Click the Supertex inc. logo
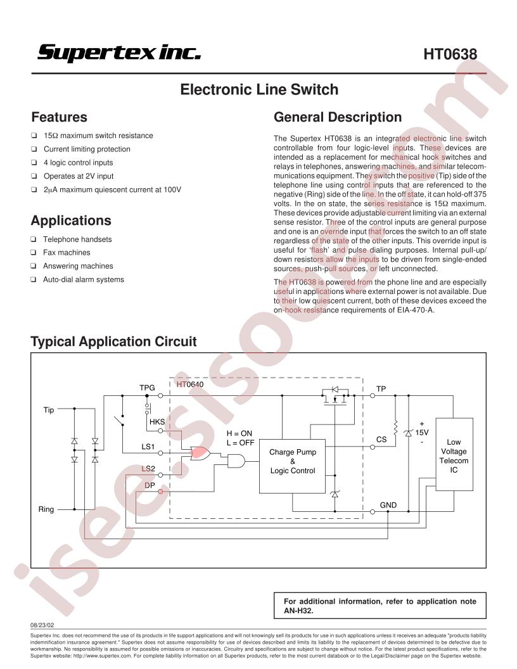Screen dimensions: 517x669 point(119,53)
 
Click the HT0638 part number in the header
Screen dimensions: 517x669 point(450,54)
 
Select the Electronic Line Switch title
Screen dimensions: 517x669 point(259,89)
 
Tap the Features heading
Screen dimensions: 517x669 point(60,117)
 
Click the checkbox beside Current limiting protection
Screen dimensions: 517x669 point(34,149)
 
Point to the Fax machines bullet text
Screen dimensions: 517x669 point(67,253)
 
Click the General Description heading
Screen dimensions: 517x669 point(338,117)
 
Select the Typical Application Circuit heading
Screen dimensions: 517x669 point(113,341)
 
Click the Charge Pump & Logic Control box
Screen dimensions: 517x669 point(292,466)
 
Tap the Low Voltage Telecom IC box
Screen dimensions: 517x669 point(454,454)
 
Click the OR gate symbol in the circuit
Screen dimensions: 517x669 point(200,453)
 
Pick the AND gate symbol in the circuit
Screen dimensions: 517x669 point(236,461)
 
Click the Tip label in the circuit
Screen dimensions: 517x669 point(49,410)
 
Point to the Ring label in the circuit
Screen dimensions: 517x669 point(46,509)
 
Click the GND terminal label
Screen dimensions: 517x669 point(388,505)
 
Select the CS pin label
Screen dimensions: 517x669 point(381,440)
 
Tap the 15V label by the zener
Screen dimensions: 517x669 point(422,433)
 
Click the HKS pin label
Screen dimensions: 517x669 point(157,421)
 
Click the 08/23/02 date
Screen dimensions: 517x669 point(42,625)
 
